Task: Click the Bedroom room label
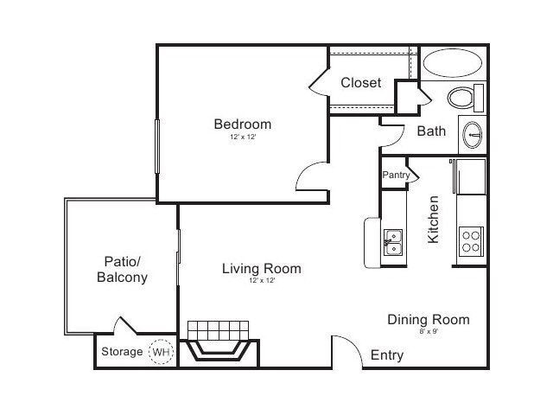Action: pyautogui.click(x=242, y=124)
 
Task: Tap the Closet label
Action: pyautogui.click(x=361, y=83)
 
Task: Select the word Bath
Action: pyautogui.click(x=431, y=131)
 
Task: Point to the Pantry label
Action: pyautogui.click(x=396, y=175)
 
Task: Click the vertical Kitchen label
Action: pyautogui.click(x=435, y=219)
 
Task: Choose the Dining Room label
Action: pyautogui.click(x=428, y=320)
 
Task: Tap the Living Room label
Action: pyautogui.click(x=261, y=269)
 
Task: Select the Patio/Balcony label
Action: pyautogui.click(x=122, y=269)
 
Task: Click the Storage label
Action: pyautogui.click(x=122, y=352)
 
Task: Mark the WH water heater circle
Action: pyautogui.click(x=161, y=352)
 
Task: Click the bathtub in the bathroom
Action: pyautogui.click(x=453, y=64)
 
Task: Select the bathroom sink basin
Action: pyautogui.click(x=472, y=134)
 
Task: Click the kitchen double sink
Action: pyautogui.click(x=393, y=242)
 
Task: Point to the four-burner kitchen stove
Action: pyautogui.click(x=470, y=240)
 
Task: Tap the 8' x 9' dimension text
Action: pyautogui.click(x=428, y=332)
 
